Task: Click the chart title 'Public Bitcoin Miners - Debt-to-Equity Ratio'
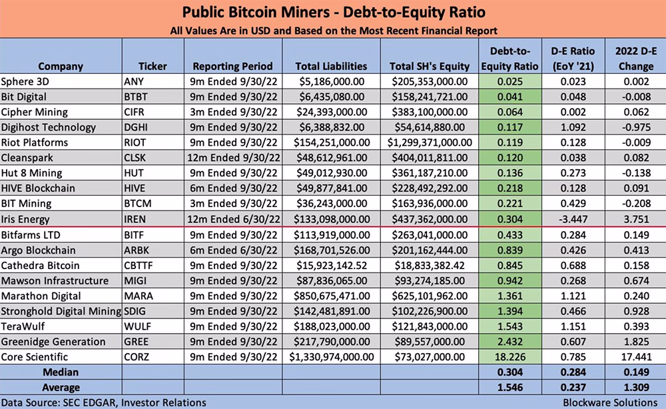(x=334, y=12)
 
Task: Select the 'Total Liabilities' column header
(x=331, y=66)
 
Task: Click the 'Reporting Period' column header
(x=232, y=66)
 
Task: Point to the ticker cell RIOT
(x=135, y=143)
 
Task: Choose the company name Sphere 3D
(x=24, y=81)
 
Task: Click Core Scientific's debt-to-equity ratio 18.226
(x=510, y=357)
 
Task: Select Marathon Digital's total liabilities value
(x=331, y=296)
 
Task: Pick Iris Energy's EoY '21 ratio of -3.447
(x=573, y=220)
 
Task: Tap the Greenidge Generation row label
(x=53, y=342)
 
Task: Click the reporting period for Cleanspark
(x=234, y=158)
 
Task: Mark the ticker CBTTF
(x=139, y=266)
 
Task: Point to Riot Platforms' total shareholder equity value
(x=430, y=143)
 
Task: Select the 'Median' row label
(x=61, y=372)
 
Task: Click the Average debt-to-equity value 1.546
(x=510, y=387)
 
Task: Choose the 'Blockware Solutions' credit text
(x=610, y=402)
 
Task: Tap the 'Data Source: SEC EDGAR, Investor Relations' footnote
(x=104, y=402)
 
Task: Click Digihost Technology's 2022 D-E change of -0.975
(x=636, y=127)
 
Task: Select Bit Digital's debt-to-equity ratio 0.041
(x=510, y=97)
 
